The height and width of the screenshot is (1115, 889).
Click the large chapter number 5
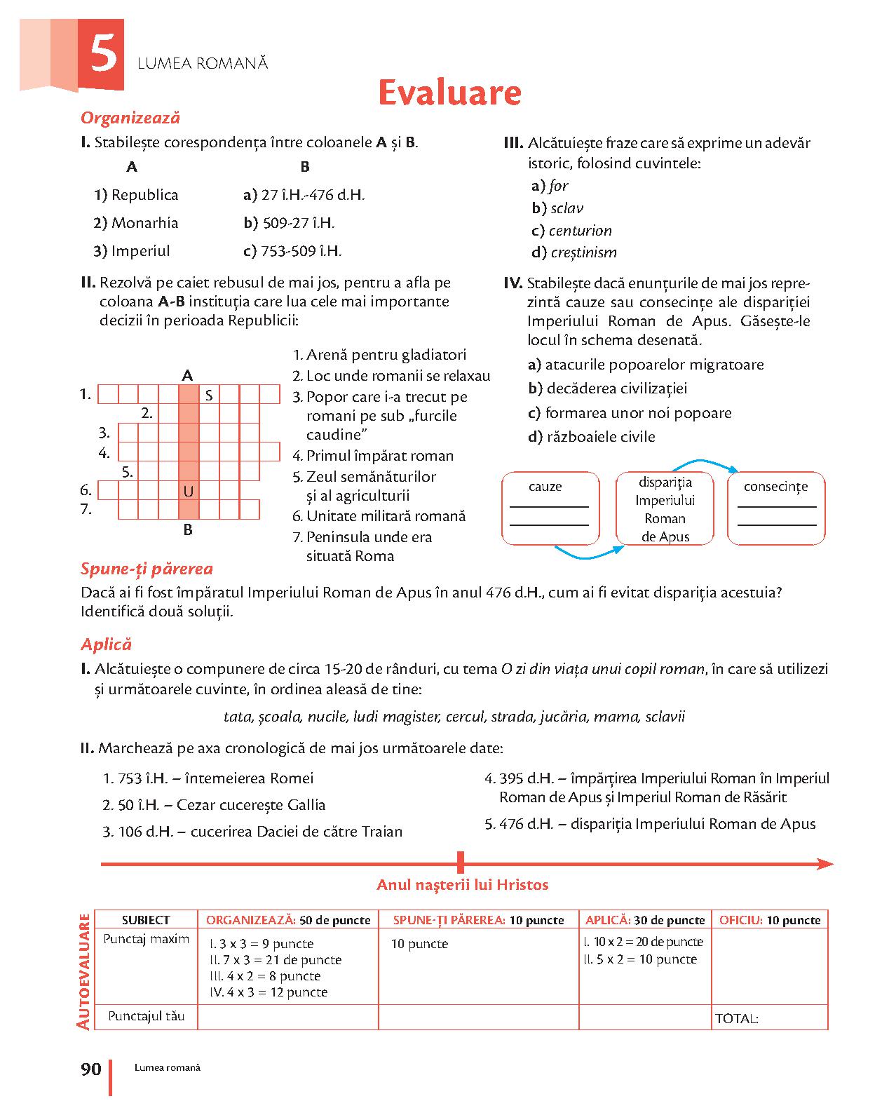(x=102, y=55)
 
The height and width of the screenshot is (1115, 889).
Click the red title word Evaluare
(x=449, y=93)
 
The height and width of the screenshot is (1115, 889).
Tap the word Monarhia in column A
(x=144, y=223)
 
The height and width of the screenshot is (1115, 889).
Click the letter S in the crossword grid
(x=209, y=396)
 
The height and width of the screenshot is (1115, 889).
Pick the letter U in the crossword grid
(x=188, y=492)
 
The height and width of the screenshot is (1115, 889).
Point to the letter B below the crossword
(x=188, y=530)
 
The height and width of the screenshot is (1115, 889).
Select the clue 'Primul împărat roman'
(x=379, y=456)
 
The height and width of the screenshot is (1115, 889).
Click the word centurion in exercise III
(x=580, y=231)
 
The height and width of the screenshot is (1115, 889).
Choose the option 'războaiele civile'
(x=599, y=437)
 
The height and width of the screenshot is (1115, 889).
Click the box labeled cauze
(x=550, y=509)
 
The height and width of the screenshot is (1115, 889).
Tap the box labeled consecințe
(x=776, y=509)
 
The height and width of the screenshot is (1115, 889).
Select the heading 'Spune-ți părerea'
(x=147, y=569)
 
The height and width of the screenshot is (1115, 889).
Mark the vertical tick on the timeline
(x=461, y=863)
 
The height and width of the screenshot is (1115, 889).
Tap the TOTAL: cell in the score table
(x=769, y=1018)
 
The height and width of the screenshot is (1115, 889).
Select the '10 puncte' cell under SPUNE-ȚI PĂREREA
(x=419, y=944)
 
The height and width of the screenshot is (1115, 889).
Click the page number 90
(x=91, y=1069)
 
